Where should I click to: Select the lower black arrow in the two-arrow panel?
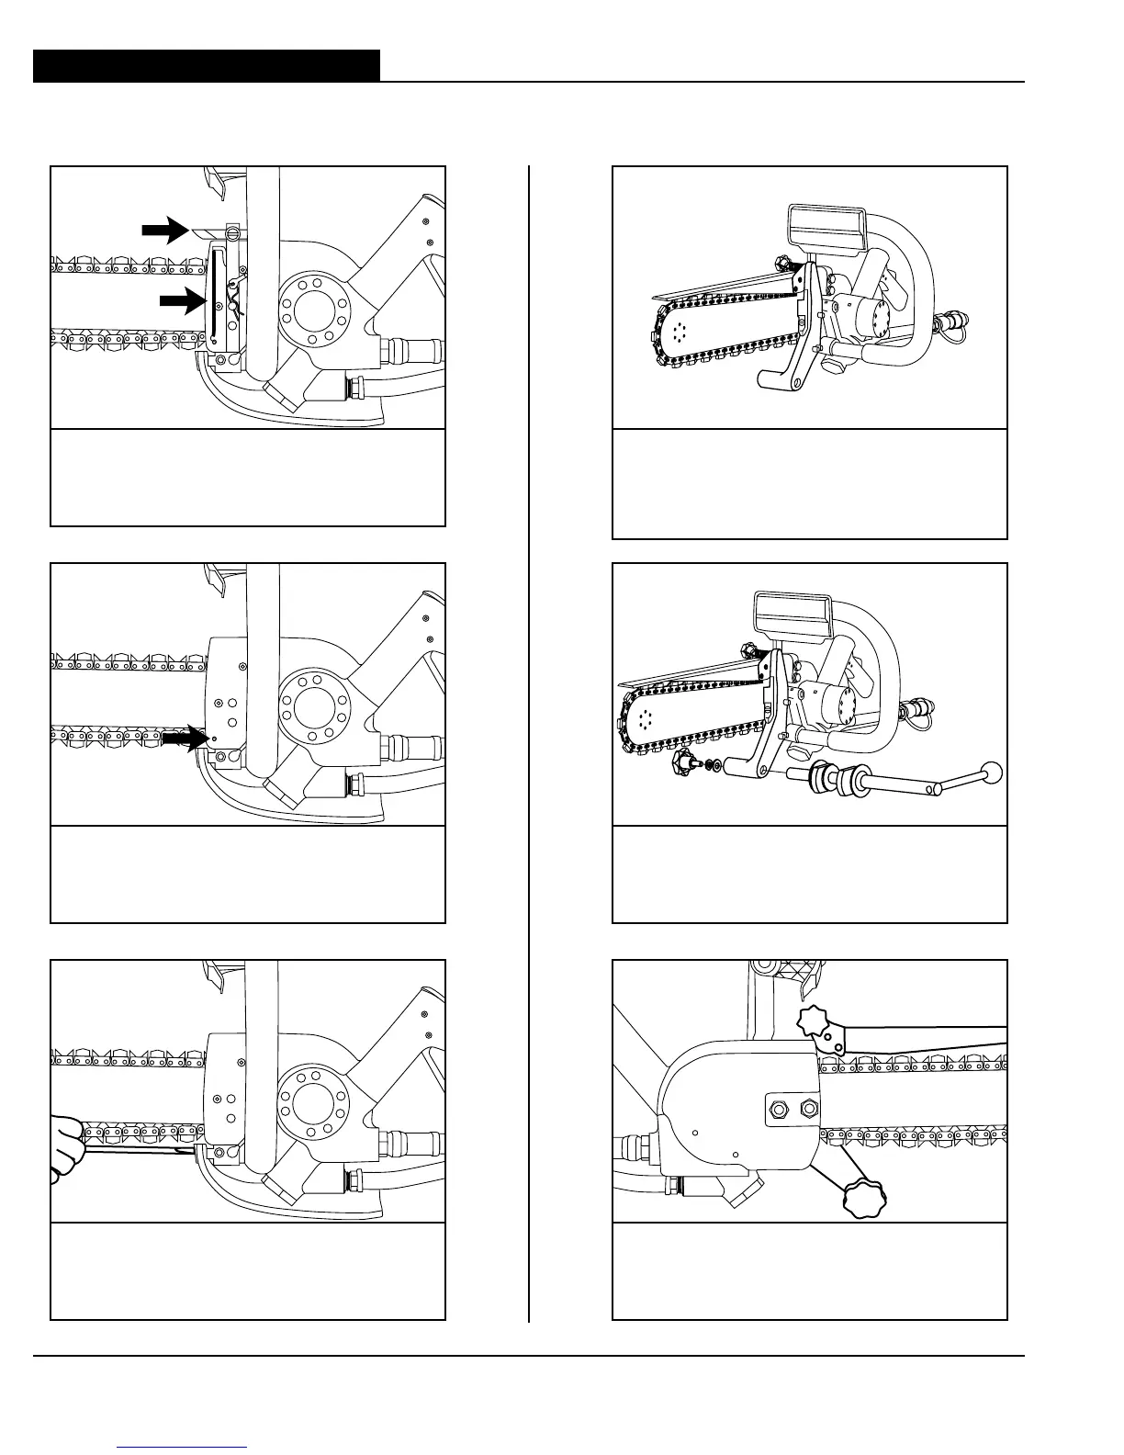tap(182, 299)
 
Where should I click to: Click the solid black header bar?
tap(206, 66)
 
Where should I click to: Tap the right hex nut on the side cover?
tap(808, 1109)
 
